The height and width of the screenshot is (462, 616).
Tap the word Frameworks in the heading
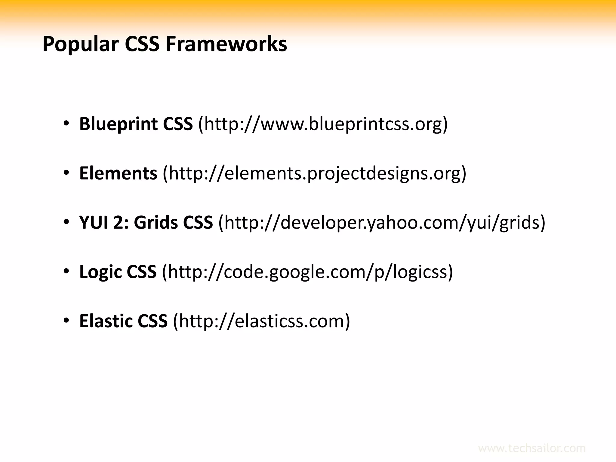tap(226, 44)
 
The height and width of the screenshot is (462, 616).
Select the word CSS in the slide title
tap(142, 44)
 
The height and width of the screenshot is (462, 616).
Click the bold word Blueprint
tap(118, 124)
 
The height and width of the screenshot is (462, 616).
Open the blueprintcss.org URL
tap(323, 124)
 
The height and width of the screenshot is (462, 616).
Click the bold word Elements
tap(118, 173)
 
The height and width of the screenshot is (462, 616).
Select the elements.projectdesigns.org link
tap(314, 173)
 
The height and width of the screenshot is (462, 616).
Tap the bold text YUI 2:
tap(104, 223)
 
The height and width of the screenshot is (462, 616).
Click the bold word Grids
tap(156, 223)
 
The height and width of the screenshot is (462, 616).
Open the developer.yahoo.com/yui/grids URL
tap(381, 223)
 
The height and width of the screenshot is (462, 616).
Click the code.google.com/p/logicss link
tap(307, 272)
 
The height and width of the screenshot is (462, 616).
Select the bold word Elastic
tap(105, 321)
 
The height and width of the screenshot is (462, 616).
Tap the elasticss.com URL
tap(262, 321)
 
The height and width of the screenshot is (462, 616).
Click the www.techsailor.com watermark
tap(531, 448)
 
